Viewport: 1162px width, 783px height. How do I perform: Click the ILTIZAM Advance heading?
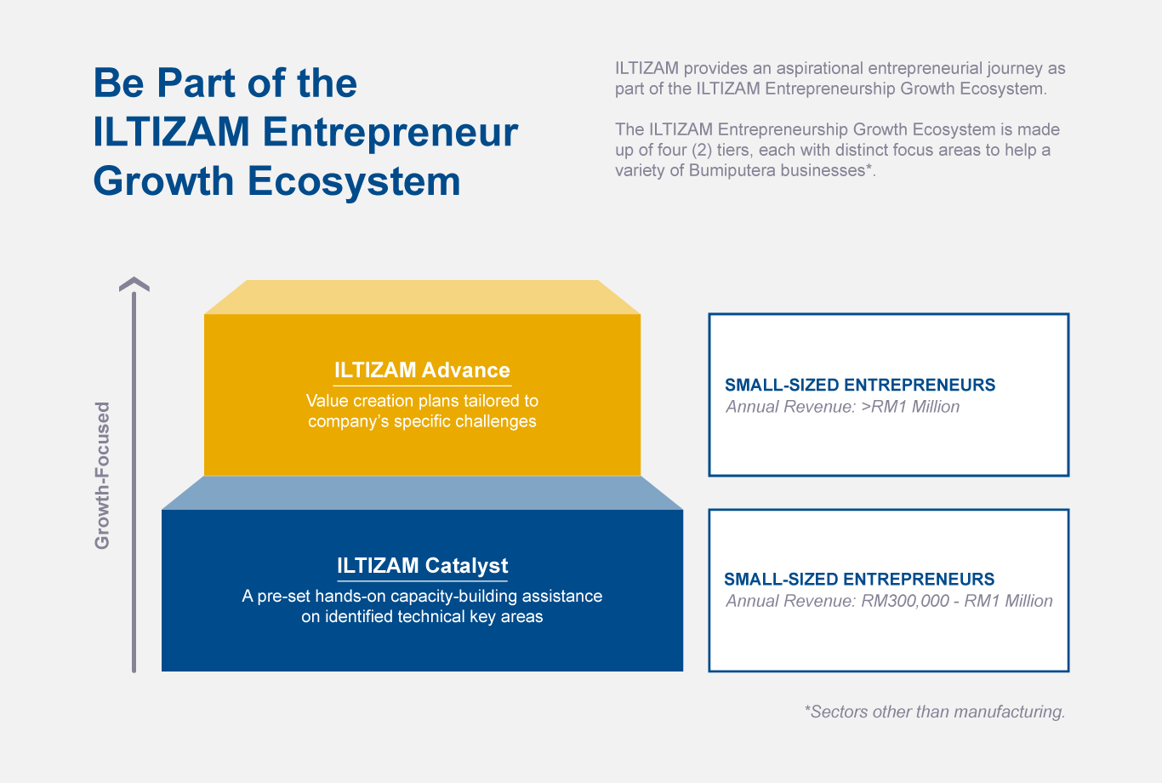tap(422, 370)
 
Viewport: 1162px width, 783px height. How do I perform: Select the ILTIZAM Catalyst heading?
tap(422, 566)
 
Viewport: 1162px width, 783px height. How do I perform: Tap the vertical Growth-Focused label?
tap(102, 476)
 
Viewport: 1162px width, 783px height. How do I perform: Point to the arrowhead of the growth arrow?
tap(134, 284)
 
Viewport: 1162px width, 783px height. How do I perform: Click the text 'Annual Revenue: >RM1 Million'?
tap(842, 407)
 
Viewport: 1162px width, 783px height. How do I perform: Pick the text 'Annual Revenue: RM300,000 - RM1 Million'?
tap(889, 601)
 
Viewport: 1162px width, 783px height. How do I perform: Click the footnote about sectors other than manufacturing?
tap(934, 712)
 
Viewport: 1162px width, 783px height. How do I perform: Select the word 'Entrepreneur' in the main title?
tap(390, 132)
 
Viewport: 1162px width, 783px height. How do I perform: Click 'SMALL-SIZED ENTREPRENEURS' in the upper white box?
tap(860, 385)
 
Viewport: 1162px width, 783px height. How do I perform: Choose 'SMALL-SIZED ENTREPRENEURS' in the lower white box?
tap(859, 580)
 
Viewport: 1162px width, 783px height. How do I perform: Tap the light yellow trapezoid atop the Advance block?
tap(422, 297)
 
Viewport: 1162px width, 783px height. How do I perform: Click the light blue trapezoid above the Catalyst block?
tap(422, 493)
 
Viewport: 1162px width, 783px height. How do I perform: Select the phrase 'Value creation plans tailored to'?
tap(422, 401)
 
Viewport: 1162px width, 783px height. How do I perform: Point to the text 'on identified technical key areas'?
tap(422, 616)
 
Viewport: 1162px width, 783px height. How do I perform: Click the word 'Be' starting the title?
tap(118, 83)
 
